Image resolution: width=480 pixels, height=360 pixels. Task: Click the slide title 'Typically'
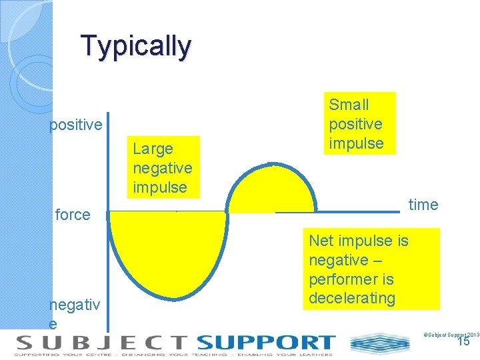(x=136, y=46)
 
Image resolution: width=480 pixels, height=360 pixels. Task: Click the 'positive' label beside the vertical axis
(x=76, y=125)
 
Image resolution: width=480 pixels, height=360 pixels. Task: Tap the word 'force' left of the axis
(x=73, y=215)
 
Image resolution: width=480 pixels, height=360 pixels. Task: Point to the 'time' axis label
(x=423, y=205)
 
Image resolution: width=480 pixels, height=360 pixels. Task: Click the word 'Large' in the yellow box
(x=153, y=149)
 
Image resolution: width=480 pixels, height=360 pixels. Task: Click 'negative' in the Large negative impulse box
(x=162, y=168)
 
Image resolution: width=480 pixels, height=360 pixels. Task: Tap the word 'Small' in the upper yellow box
(x=349, y=105)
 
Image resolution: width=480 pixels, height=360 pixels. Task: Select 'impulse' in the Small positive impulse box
(x=356, y=143)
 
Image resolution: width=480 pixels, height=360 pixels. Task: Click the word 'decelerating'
(x=352, y=297)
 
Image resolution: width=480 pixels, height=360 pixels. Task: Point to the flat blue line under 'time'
(x=337, y=212)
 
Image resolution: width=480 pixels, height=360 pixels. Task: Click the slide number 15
(x=463, y=341)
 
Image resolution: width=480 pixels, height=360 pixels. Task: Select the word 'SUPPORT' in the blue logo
(x=265, y=343)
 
